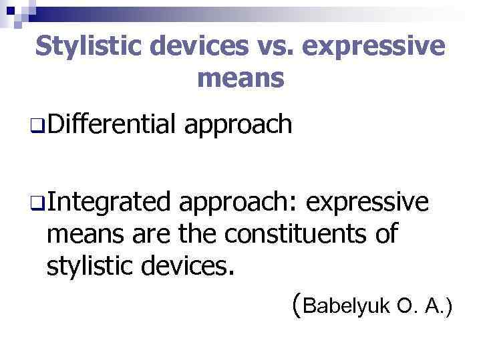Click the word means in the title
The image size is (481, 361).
click(240, 79)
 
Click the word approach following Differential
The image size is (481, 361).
click(238, 125)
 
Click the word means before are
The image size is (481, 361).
click(90, 235)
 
